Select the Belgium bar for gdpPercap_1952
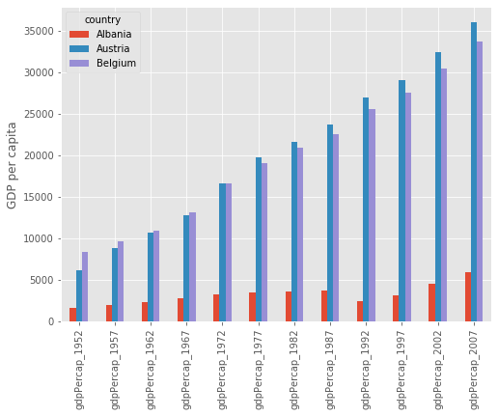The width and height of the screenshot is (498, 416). coord(85,287)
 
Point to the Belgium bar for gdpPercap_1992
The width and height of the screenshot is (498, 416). coord(372,215)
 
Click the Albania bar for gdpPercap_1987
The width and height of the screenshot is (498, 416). coord(324,306)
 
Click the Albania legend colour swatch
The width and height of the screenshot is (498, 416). coord(79,35)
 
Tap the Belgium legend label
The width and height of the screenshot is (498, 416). coord(116,64)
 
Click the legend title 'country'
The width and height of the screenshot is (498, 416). coord(102,19)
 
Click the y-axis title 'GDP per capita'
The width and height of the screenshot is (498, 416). coord(13,165)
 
